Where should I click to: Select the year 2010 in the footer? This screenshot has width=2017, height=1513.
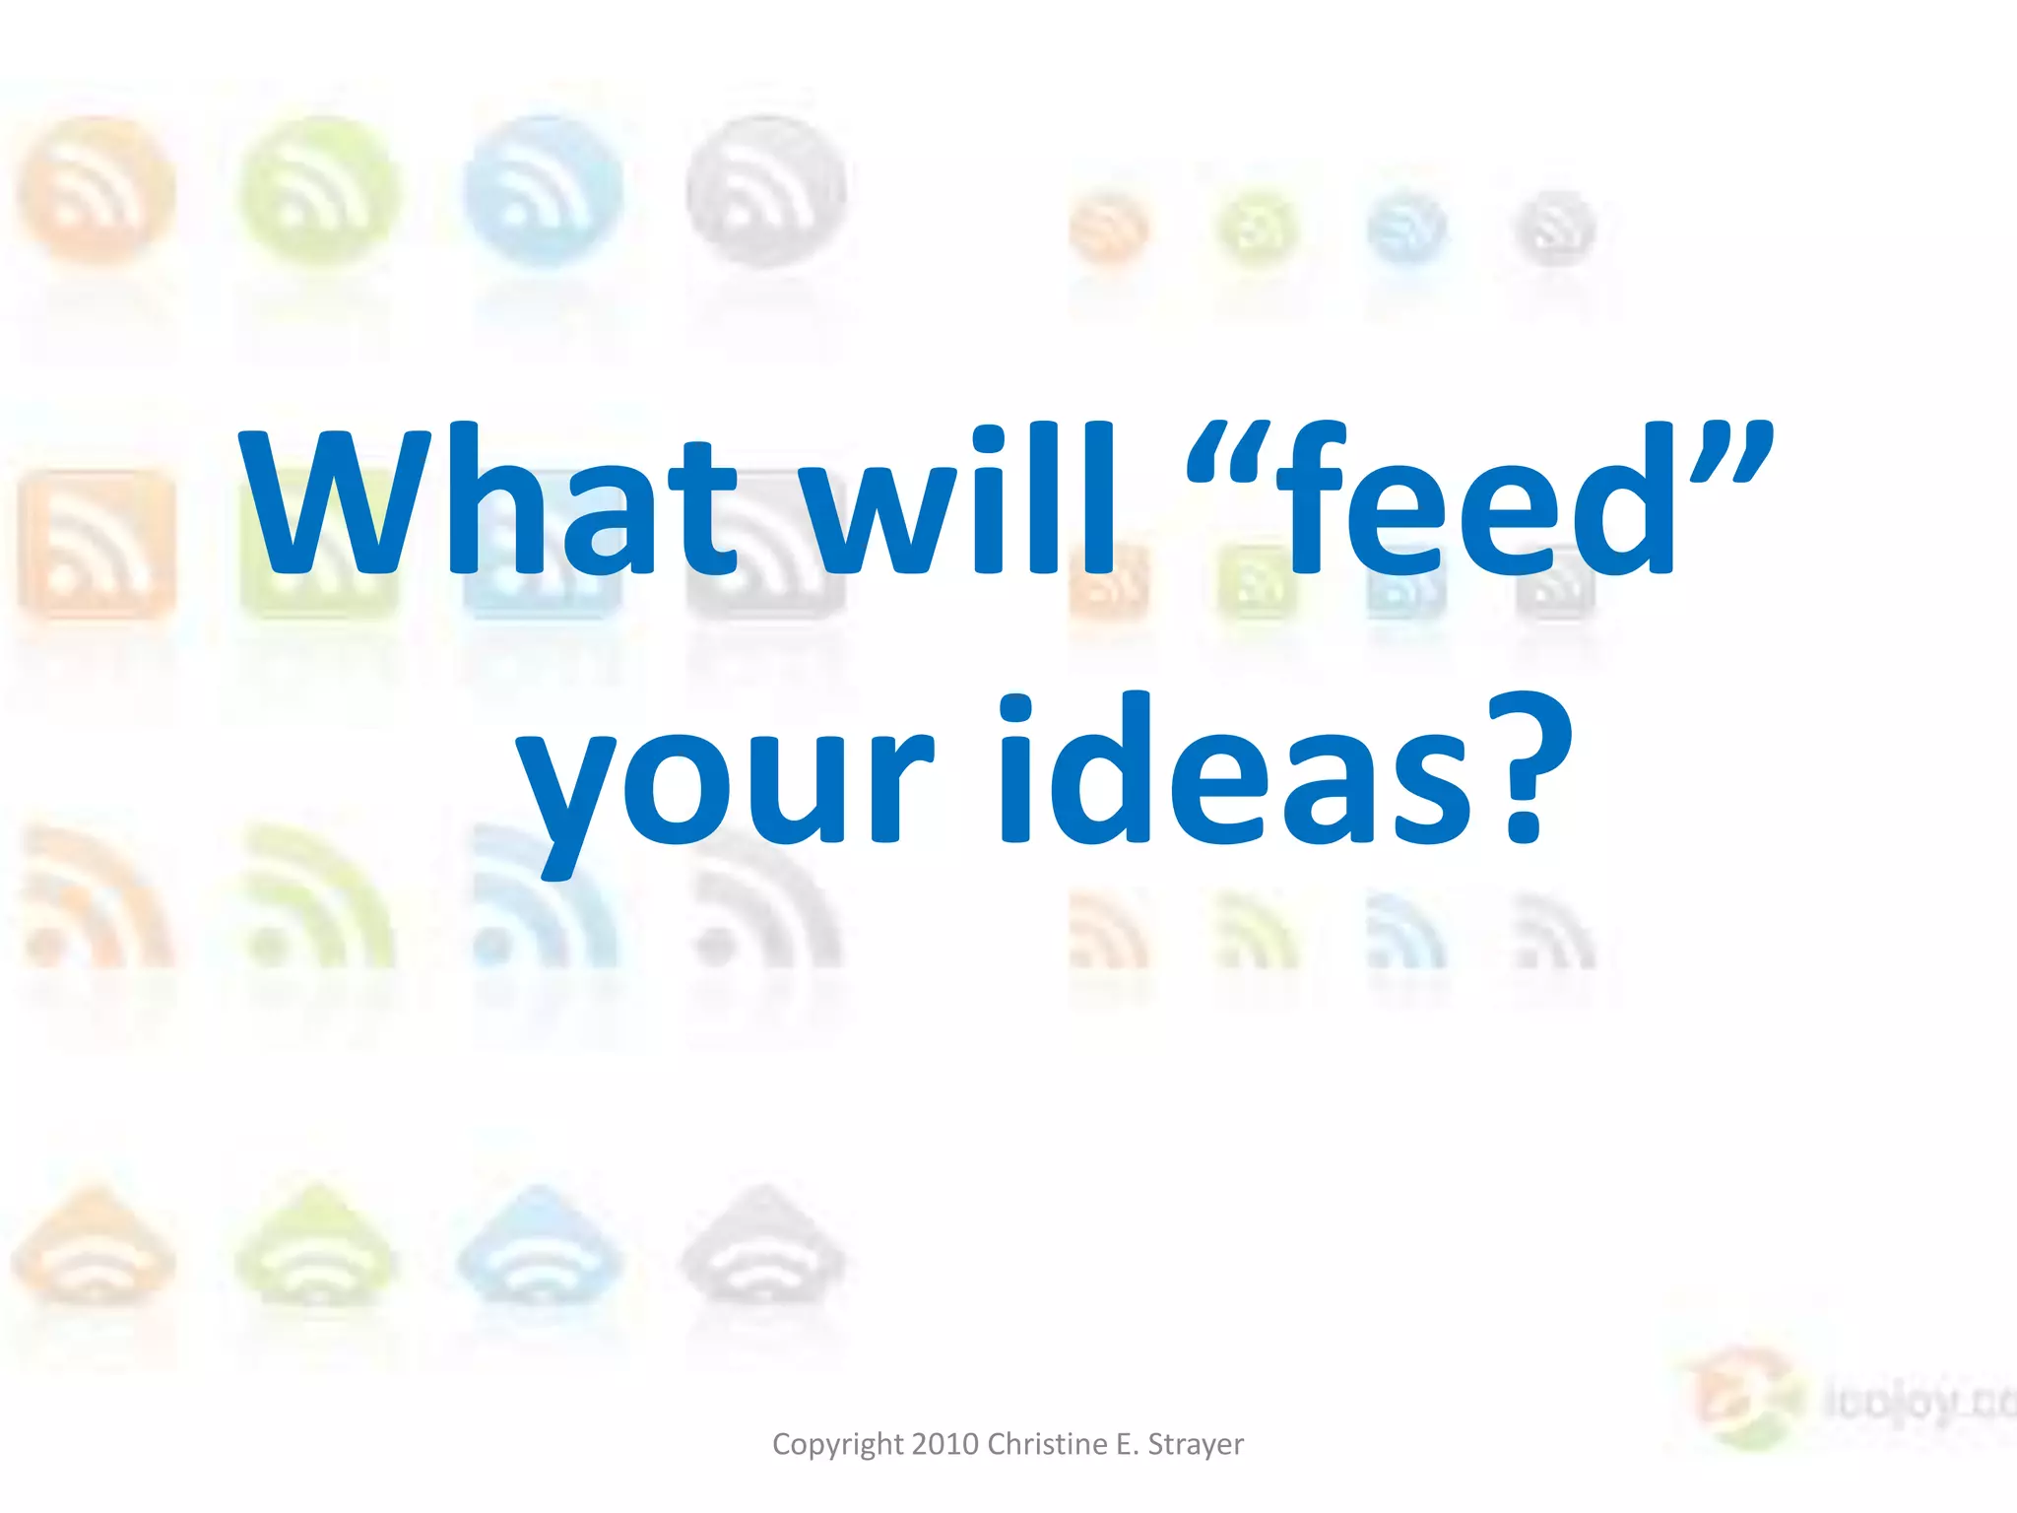tap(945, 1444)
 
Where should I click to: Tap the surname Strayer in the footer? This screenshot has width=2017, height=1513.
tap(1196, 1444)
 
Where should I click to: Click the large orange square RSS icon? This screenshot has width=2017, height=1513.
tap(96, 545)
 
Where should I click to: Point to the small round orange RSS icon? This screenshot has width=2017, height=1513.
tap(1109, 230)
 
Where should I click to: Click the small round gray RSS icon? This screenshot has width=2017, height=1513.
tap(1554, 230)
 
